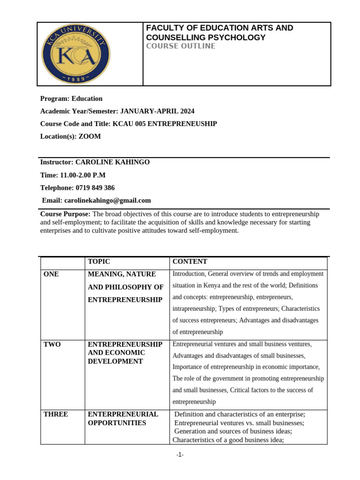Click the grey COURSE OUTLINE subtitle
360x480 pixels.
[x=180, y=46]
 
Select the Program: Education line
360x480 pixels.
[x=71, y=98]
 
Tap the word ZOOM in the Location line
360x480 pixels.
[x=90, y=136]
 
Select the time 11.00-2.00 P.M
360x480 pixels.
[x=82, y=175]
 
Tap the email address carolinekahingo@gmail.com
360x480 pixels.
[x=107, y=200]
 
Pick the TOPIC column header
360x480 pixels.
[x=99, y=262]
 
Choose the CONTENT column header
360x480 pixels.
[x=190, y=262]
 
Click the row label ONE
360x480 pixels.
[x=51, y=274]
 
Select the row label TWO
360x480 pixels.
[x=52, y=344]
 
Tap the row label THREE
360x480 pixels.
[x=56, y=414]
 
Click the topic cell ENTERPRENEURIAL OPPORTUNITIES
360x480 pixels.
[x=123, y=418]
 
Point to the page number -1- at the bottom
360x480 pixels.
[x=180, y=455]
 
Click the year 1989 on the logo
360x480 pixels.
[x=75, y=79]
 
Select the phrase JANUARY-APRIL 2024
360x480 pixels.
[x=157, y=111]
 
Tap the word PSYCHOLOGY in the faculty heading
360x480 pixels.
[x=237, y=37]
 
